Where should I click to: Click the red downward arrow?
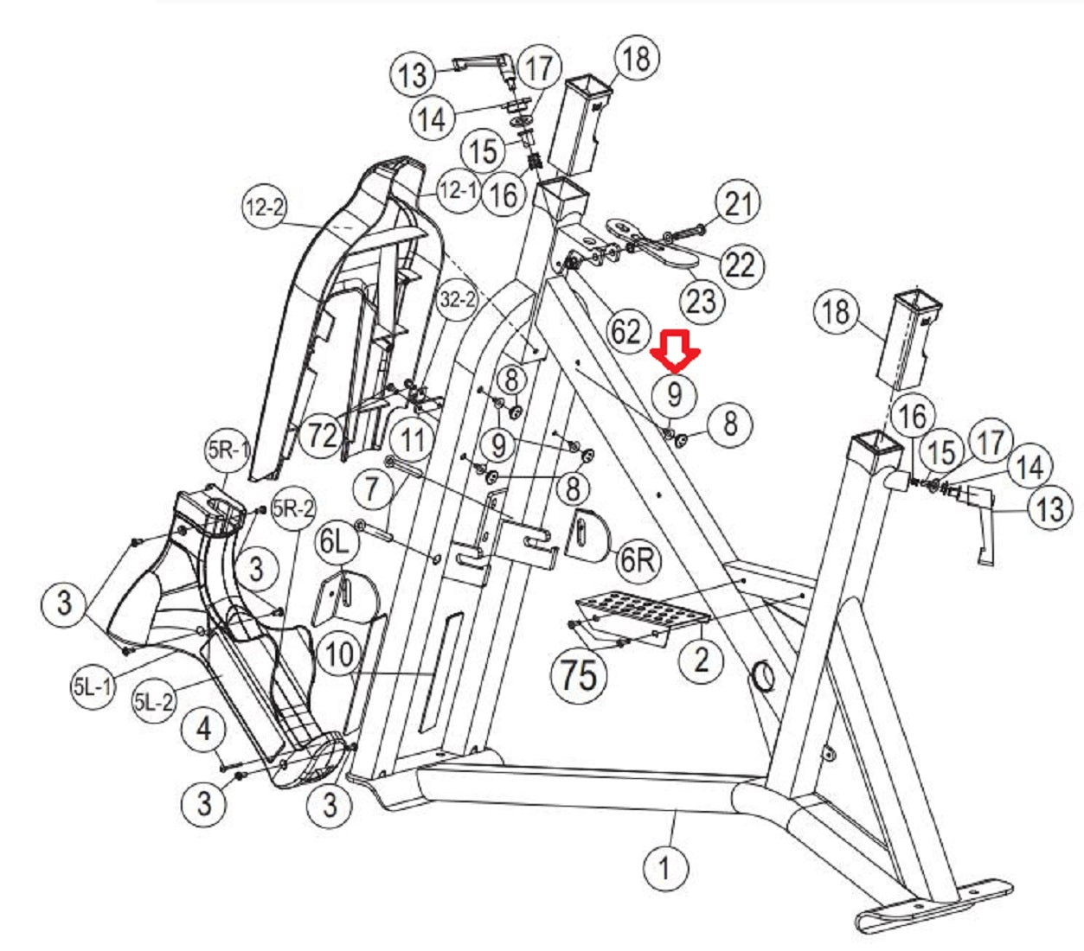[x=677, y=348]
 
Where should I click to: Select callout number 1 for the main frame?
[x=664, y=867]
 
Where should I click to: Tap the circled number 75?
[x=578, y=673]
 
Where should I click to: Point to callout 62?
[x=625, y=331]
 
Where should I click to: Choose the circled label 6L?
[x=337, y=542]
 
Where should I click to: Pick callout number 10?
[x=339, y=654]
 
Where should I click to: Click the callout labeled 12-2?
[x=265, y=207]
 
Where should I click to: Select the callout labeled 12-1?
[x=457, y=189]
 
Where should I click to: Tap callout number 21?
[x=737, y=204]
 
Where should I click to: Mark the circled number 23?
[x=701, y=301]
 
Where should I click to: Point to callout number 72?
[x=322, y=435]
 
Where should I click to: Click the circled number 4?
[x=203, y=729]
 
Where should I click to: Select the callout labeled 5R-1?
[x=228, y=450]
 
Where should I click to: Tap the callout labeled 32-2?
[x=458, y=300]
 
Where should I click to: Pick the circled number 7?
[x=372, y=488]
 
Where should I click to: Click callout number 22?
[x=739, y=264]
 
